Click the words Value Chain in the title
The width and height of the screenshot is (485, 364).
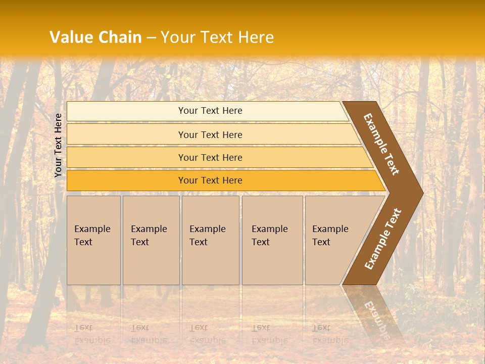pyautogui.click(x=95, y=37)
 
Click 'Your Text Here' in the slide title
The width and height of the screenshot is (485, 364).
pyautogui.click(x=217, y=37)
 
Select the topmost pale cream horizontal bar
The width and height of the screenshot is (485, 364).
pyautogui.click(x=126, y=111)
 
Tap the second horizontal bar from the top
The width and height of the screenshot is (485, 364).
pyautogui.click(x=126, y=134)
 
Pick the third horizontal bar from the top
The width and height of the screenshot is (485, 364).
pyautogui.click(x=126, y=158)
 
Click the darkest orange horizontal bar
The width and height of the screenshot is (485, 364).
pyautogui.click(x=126, y=180)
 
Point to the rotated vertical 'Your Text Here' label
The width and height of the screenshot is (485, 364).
pyautogui.click(x=59, y=145)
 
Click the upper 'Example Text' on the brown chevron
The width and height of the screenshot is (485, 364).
pyautogui.click(x=381, y=144)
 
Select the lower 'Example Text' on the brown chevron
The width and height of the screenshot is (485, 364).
pyautogui.click(x=383, y=239)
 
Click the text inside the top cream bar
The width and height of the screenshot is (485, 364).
pyautogui.click(x=210, y=111)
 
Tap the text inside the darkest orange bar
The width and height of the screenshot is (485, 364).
pyautogui.click(x=210, y=180)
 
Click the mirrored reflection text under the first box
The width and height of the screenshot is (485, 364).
pyautogui.click(x=92, y=334)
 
